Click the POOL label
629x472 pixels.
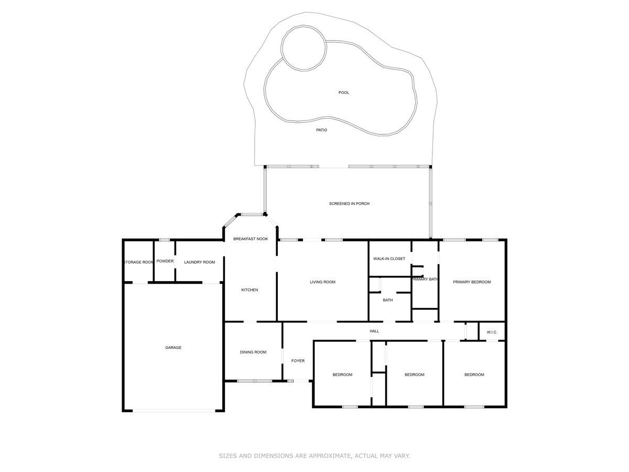[x=344, y=93]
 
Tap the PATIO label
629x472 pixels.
[x=321, y=130]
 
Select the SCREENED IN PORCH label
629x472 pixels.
[x=349, y=203]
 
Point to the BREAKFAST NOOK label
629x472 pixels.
[x=251, y=239]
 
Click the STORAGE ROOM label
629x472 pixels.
[x=139, y=262]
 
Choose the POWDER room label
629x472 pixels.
[x=165, y=261]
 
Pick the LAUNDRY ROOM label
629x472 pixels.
[x=199, y=262]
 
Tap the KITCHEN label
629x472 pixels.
[x=250, y=290]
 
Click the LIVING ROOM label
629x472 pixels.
[x=322, y=282]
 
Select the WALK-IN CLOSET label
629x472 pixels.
[x=389, y=259]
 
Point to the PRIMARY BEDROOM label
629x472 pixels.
[x=473, y=282]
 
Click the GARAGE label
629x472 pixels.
[x=173, y=348]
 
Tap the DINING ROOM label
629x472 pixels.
[x=253, y=352]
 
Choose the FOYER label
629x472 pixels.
[x=298, y=361]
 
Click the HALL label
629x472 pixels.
[x=374, y=331]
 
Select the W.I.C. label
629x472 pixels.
[x=492, y=332]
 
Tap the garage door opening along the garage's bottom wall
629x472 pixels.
[x=174, y=411]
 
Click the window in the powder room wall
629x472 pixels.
[x=165, y=240]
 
